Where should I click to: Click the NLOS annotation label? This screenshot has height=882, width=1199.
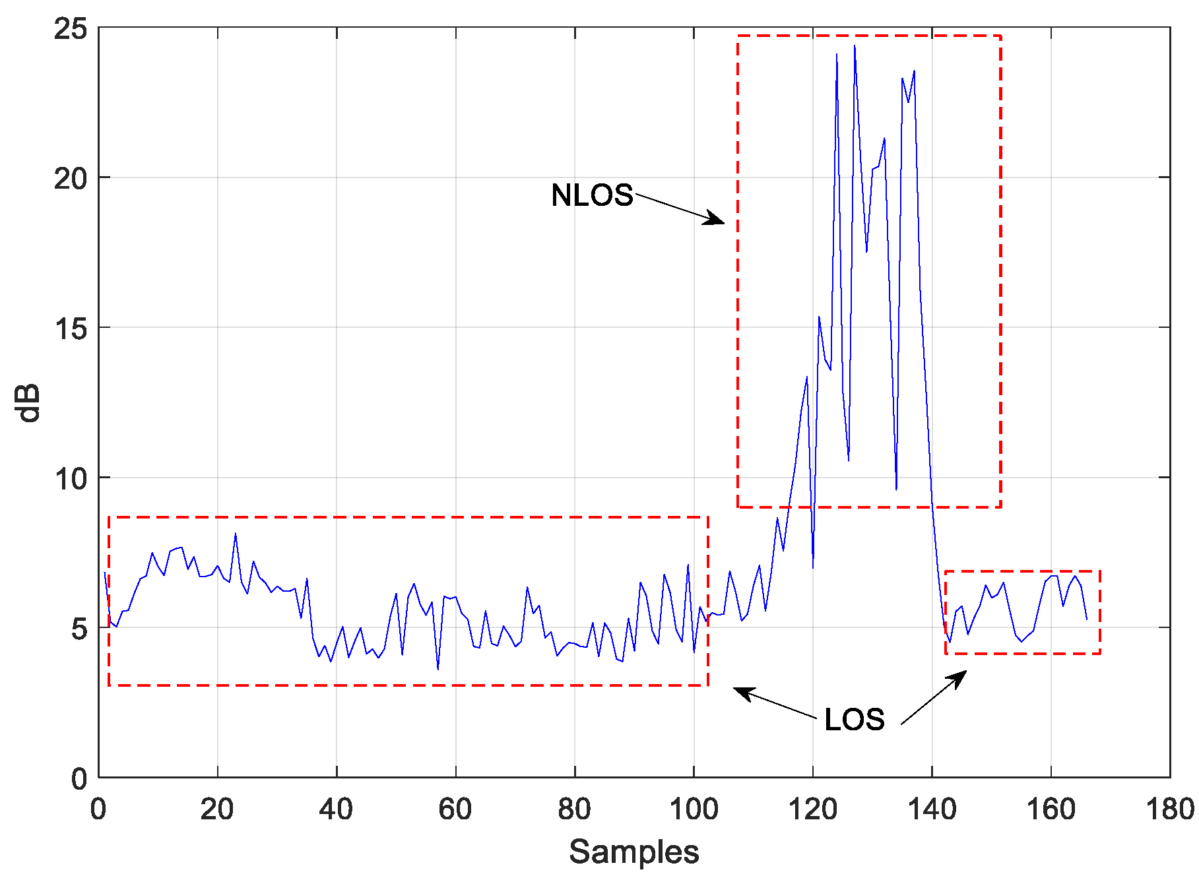(x=592, y=195)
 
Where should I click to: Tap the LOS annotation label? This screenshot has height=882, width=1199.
(x=854, y=720)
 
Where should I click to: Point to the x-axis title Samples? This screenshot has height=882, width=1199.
(x=633, y=852)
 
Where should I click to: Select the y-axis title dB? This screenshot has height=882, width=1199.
(x=29, y=402)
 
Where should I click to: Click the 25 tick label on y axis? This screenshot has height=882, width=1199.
(x=71, y=29)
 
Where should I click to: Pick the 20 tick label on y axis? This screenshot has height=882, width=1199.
(x=71, y=178)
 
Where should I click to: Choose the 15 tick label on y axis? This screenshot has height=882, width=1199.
(x=71, y=328)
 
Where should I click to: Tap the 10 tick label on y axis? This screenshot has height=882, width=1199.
(x=71, y=478)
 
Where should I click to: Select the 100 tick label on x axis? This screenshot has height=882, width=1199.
(x=694, y=809)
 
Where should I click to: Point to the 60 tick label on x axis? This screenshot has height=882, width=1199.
(x=455, y=809)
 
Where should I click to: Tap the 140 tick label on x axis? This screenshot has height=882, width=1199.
(x=932, y=809)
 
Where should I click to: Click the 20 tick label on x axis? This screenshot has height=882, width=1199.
(x=217, y=809)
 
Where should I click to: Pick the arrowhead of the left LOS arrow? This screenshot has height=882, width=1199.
(x=739, y=690)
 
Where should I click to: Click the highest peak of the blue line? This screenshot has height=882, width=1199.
(x=855, y=46)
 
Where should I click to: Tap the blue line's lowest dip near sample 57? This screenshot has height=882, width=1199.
(x=437, y=670)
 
